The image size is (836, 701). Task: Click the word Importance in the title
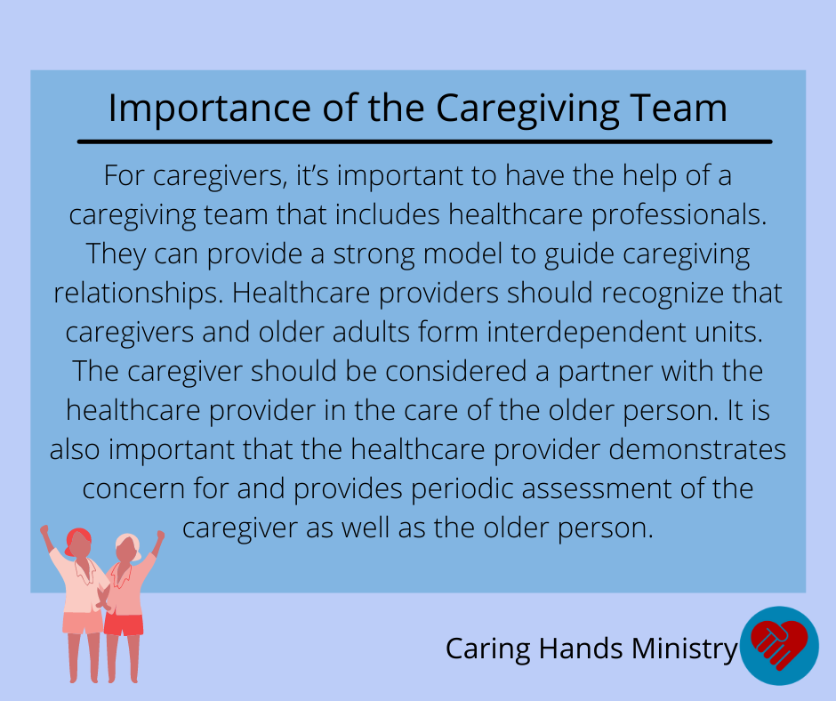[209, 109]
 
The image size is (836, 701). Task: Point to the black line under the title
[424, 142]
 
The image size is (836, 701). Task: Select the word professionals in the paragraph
[679, 215]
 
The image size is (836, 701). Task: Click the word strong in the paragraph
[374, 255]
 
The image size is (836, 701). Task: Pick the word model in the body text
[462, 254]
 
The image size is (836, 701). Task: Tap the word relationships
[139, 294]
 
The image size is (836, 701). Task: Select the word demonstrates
[697, 450]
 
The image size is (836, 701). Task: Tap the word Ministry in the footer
[685, 649]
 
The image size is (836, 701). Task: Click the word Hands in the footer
[580, 649]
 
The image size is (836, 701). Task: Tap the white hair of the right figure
[130, 544]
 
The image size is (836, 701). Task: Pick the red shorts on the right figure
[124, 625]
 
